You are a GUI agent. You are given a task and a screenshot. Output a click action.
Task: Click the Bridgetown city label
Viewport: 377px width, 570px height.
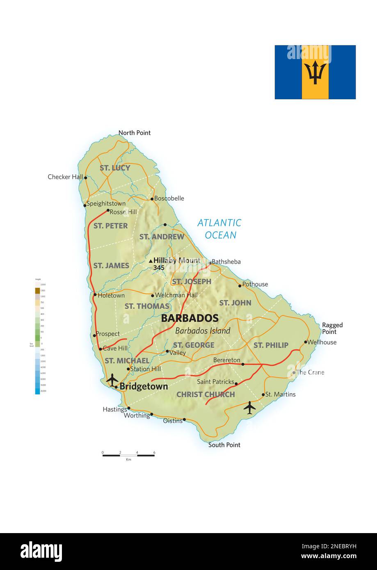144,386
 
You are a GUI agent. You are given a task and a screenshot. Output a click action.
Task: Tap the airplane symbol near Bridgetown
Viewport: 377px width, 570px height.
112,380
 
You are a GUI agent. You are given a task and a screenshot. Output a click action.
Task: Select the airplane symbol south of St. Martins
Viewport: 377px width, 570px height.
249,408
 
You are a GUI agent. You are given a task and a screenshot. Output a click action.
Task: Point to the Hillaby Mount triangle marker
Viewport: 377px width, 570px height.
151,261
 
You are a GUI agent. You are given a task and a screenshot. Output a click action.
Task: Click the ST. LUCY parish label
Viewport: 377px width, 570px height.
115,168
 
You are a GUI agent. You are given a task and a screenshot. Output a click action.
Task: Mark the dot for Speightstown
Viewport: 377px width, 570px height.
85,205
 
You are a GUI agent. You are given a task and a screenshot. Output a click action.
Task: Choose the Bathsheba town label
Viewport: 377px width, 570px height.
226,262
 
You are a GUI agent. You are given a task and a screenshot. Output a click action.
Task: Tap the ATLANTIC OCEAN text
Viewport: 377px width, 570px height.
219,229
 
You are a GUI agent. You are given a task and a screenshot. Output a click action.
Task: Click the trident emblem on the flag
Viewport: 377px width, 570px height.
315,73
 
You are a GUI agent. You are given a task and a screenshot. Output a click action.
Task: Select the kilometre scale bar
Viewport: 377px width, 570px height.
128,455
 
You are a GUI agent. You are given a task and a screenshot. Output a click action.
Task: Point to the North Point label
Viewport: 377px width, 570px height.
135,133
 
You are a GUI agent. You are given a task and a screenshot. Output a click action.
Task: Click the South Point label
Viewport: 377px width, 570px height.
224,445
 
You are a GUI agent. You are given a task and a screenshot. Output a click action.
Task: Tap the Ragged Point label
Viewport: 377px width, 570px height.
332,328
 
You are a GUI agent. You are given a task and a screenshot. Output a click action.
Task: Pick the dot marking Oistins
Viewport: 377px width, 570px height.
184,420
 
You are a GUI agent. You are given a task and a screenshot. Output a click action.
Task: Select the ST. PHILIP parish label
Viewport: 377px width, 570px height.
271,345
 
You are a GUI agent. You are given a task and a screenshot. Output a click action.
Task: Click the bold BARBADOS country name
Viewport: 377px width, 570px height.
190,318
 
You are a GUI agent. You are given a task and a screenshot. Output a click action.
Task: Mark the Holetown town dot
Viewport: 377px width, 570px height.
95,294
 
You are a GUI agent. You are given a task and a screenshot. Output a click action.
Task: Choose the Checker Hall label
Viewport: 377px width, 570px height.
65,177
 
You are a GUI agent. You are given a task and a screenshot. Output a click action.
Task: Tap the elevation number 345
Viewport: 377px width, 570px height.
159,268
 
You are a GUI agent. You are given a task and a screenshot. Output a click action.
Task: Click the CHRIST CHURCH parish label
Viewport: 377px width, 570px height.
206,394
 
